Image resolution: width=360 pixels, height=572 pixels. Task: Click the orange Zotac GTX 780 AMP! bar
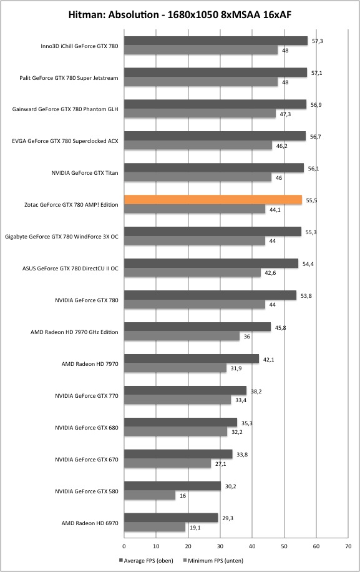click(x=213, y=200)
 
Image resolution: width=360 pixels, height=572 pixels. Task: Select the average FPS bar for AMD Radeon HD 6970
click(x=171, y=518)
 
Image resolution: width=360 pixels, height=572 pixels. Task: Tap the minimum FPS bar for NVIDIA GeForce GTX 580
click(x=150, y=495)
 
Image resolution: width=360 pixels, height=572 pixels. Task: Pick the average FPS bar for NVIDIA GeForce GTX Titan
click(x=214, y=168)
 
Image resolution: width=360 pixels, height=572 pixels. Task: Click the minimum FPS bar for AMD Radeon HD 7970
click(x=175, y=368)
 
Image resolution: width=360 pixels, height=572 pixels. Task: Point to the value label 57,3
click(x=318, y=41)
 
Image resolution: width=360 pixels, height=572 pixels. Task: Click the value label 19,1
click(x=195, y=527)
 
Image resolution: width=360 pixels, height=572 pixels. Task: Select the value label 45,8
click(x=280, y=328)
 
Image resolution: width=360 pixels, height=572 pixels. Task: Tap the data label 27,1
click(x=220, y=463)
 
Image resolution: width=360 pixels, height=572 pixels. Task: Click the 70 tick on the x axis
click(x=348, y=546)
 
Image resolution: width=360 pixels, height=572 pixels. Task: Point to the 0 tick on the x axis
click(x=124, y=546)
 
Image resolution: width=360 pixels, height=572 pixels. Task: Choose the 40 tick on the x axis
click(x=252, y=546)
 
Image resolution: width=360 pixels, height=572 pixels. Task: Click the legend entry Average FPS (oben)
click(x=146, y=560)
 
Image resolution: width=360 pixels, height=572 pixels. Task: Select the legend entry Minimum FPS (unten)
click(x=213, y=560)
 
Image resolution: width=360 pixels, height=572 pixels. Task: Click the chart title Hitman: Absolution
click(x=114, y=14)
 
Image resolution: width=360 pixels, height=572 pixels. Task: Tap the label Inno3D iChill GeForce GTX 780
click(x=79, y=46)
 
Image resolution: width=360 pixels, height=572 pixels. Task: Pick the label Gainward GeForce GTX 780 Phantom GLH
click(x=66, y=109)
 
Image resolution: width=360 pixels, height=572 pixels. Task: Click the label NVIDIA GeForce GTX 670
click(x=87, y=459)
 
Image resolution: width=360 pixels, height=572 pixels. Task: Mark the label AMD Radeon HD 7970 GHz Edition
click(x=74, y=332)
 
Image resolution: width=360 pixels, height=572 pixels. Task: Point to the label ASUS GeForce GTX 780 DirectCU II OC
click(x=71, y=268)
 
